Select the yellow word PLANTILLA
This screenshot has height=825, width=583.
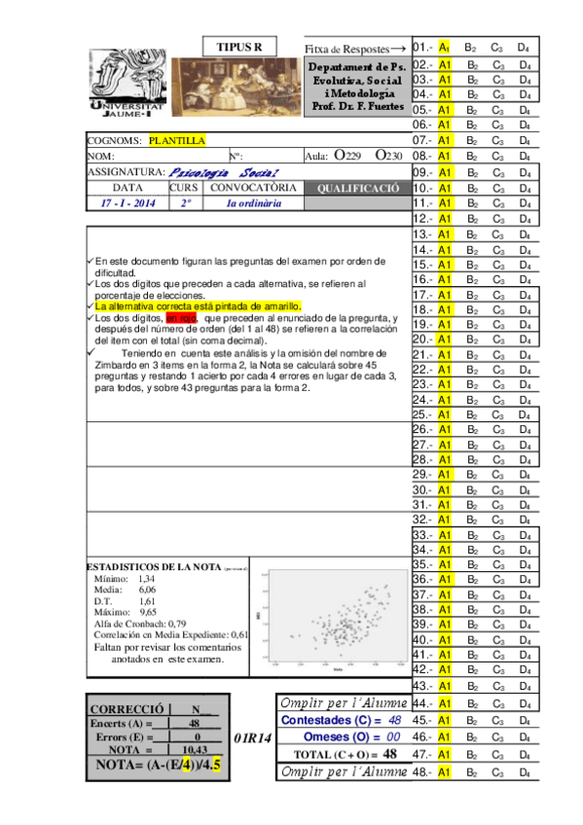click(x=177, y=140)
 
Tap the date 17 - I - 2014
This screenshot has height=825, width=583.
click(x=128, y=204)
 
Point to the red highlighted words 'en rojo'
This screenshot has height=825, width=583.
click(x=181, y=317)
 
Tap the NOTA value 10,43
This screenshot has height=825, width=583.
click(x=195, y=748)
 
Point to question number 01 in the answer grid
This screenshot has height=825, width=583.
click(x=422, y=47)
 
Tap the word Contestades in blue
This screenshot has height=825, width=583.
click(x=317, y=719)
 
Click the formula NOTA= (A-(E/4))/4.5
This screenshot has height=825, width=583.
click(x=155, y=766)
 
